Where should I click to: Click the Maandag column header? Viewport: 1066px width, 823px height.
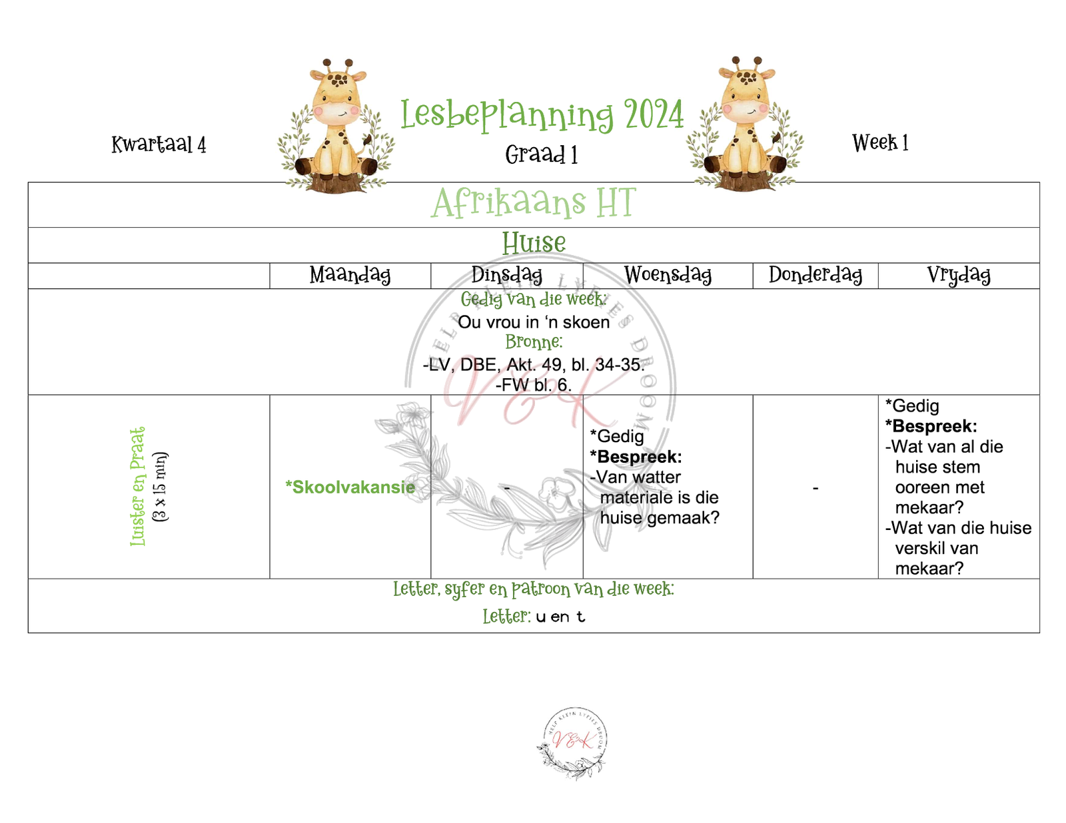coord(350,275)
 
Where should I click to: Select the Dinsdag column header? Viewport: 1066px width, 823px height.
coord(506,275)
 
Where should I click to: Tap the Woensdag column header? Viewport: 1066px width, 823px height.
coord(668,275)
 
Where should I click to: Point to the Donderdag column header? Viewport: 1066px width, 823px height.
coord(815,275)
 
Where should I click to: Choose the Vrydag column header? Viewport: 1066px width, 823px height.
coord(958,275)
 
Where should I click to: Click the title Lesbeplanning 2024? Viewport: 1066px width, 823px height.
coord(542,115)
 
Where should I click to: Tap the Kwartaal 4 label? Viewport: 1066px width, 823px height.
coord(159,144)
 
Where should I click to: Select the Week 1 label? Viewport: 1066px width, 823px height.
coord(879,142)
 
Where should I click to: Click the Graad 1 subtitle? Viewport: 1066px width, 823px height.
coord(541,155)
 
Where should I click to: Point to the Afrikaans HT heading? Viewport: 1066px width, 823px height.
coord(534,203)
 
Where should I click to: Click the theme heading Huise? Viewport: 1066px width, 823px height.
coord(534,244)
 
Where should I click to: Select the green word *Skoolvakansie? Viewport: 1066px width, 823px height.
coord(350,487)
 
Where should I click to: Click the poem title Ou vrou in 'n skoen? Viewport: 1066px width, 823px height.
coord(534,322)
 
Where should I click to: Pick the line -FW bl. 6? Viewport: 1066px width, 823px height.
coord(534,385)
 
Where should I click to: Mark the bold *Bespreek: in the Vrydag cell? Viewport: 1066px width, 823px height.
coord(931,426)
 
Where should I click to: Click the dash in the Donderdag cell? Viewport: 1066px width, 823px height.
coord(815,489)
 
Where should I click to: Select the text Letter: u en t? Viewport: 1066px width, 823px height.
coord(534,617)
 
